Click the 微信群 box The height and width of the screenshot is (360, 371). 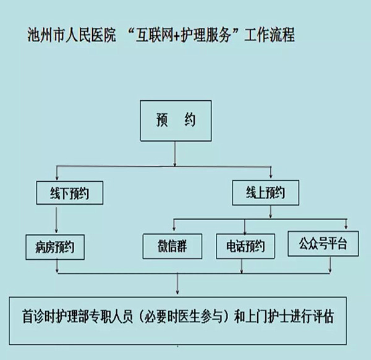173,246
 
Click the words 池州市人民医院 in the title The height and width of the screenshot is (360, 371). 73,35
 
